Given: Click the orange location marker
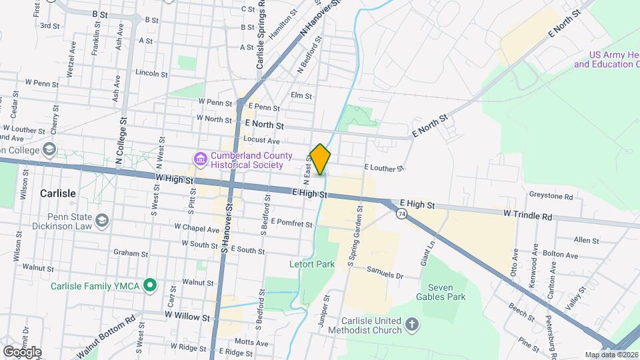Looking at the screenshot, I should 321,159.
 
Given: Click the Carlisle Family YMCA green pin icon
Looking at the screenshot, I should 151,287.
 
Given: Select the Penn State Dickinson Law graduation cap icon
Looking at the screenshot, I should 102,219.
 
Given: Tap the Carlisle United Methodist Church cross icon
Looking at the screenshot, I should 413,325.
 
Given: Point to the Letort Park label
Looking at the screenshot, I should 312,264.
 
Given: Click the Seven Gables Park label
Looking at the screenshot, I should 441,291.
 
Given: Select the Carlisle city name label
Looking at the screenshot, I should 58,193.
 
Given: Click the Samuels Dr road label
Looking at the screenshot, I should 385,273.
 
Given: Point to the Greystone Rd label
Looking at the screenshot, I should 551,197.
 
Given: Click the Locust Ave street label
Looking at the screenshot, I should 261,140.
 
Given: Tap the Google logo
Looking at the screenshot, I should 22,351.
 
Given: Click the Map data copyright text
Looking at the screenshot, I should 610,355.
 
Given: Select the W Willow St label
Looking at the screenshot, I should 183,316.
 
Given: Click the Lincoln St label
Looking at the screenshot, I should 151,73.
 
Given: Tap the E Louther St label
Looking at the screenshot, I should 384,169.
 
